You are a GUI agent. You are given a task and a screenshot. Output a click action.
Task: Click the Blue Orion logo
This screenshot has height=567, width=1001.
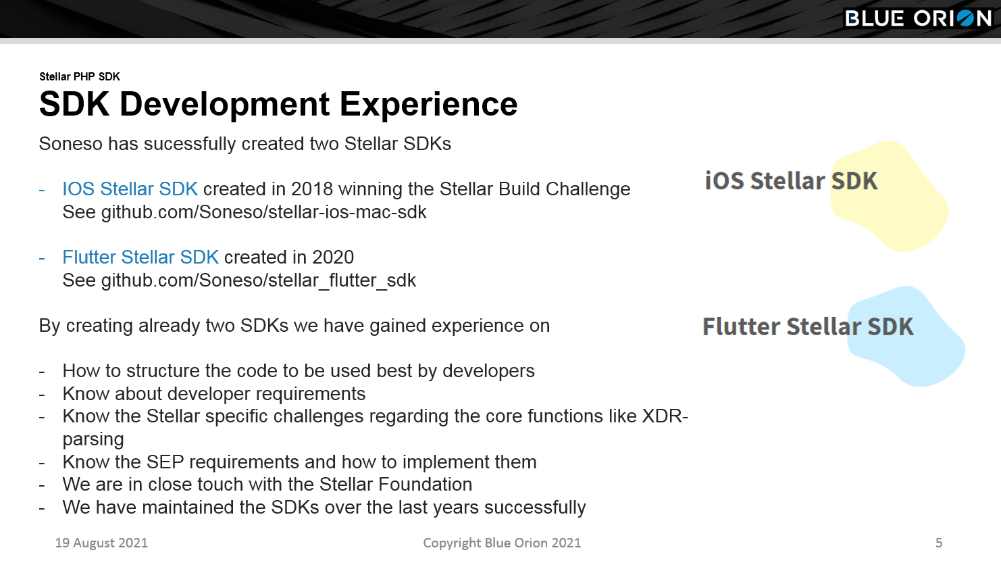[x=919, y=18]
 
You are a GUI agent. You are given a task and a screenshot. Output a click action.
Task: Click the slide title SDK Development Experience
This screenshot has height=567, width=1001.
[x=278, y=104]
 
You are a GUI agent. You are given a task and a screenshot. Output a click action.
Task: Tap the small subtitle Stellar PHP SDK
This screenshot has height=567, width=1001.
[x=80, y=76]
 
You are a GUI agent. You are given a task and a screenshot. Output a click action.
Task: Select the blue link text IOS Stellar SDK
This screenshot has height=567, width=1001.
[x=130, y=189]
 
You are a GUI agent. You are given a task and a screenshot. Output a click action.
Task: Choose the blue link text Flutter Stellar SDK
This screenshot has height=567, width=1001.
[x=140, y=257]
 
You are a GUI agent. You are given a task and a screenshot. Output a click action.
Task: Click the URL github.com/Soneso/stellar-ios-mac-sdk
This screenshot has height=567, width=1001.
[x=263, y=212]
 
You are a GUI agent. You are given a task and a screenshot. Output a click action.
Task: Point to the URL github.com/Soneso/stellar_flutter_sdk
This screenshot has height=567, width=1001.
[x=259, y=280]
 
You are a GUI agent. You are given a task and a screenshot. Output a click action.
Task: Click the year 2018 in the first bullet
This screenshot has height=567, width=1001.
[x=312, y=189]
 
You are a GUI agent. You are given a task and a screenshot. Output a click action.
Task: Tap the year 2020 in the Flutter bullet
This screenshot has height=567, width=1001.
[x=333, y=257]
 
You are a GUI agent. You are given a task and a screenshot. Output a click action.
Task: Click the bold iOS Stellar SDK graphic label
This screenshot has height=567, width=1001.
[x=791, y=180]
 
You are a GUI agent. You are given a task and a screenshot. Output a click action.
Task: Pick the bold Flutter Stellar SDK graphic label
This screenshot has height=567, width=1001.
[x=808, y=326]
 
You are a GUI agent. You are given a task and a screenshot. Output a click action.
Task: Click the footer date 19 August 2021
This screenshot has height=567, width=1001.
[x=101, y=543]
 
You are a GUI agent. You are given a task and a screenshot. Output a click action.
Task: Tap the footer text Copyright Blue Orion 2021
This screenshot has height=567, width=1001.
[x=502, y=543]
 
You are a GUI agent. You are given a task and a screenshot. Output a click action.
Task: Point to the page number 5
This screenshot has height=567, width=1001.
[x=939, y=543]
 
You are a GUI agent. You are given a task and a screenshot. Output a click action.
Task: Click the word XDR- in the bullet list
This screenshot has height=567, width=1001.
[x=665, y=416]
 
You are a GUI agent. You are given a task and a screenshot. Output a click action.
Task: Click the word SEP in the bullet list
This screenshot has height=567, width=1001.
[x=165, y=462]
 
